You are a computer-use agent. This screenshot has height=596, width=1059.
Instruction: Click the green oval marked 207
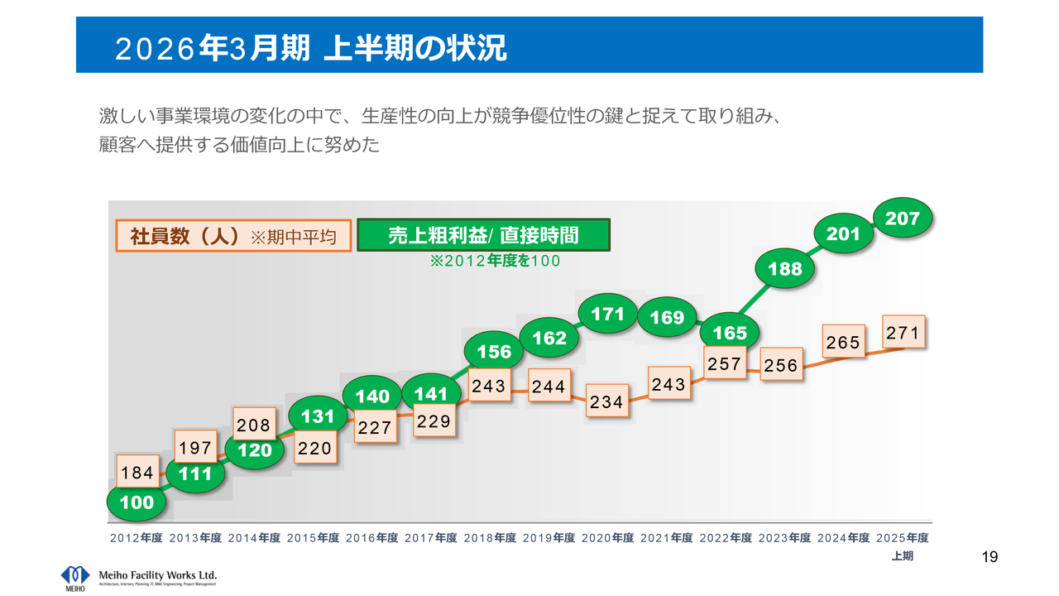point(903,219)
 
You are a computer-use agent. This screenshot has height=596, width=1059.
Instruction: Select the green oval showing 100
point(137,502)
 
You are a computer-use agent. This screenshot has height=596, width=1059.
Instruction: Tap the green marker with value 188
point(785,269)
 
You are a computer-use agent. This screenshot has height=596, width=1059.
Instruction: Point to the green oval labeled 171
point(608,314)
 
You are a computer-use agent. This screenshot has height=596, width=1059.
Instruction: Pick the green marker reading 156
point(494,352)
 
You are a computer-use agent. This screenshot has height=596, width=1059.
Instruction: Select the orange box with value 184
point(137,473)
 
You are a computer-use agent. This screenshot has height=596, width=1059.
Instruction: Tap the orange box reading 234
point(606,402)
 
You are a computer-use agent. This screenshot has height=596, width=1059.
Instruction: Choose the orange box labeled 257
point(724,364)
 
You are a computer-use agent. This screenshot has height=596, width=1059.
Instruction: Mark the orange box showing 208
point(254,425)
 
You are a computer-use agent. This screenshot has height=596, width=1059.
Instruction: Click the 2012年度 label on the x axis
point(136,538)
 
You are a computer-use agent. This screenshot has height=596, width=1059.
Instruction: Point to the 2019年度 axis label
point(549,538)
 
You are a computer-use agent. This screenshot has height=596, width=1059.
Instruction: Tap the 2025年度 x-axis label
point(902,538)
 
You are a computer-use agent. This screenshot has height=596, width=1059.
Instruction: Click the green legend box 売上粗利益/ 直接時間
point(483,236)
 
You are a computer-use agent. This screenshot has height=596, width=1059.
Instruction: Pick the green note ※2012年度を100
point(494,262)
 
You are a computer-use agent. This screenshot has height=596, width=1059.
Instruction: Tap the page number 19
point(990,557)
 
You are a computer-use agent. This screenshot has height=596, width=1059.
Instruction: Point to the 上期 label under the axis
point(902,556)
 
